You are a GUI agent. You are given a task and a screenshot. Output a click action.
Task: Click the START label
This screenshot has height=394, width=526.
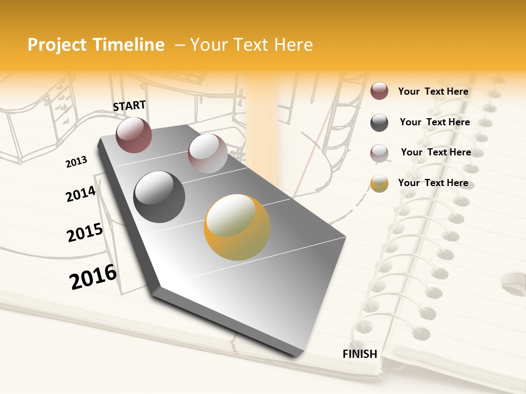(129, 106)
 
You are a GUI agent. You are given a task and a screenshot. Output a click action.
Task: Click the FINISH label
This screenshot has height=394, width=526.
(359, 354)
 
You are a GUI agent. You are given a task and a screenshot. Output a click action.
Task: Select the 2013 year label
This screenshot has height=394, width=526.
(76, 162)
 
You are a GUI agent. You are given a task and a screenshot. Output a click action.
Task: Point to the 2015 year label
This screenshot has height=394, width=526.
(85, 233)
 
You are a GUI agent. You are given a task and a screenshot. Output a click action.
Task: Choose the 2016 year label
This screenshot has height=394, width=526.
(93, 277)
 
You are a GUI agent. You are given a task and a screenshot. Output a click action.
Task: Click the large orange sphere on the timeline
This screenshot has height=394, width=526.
(237, 227)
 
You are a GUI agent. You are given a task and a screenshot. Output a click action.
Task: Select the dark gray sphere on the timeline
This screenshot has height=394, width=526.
(159, 197)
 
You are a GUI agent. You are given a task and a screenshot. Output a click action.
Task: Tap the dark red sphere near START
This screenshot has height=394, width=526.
(134, 135)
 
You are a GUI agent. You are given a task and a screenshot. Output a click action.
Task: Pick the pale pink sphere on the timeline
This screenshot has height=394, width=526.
(207, 153)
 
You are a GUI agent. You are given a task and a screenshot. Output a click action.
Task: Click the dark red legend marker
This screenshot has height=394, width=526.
(379, 91)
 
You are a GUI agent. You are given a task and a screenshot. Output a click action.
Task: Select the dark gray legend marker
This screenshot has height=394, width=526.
(379, 123)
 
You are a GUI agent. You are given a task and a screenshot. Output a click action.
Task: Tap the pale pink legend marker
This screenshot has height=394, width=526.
(379, 153)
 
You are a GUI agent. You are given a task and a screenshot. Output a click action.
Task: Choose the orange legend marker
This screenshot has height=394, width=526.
(379, 183)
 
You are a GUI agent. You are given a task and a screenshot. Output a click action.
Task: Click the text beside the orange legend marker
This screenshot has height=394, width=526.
(433, 183)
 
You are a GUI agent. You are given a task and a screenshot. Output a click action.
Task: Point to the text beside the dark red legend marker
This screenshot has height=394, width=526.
(433, 91)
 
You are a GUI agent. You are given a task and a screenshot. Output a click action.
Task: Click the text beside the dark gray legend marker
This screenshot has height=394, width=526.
(434, 122)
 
